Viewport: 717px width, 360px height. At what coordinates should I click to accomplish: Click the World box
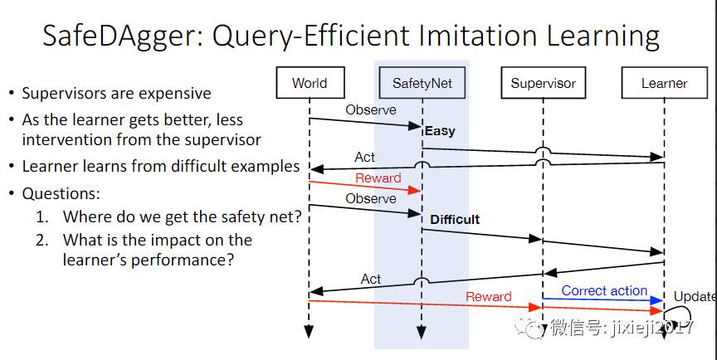tap(309, 83)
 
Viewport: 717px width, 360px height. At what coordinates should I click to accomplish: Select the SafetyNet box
tap(422, 83)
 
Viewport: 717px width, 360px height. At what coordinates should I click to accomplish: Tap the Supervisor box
tap(543, 83)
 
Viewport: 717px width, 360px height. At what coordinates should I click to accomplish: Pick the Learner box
tap(664, 83)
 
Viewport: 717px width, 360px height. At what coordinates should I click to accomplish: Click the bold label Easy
tap(440, 131)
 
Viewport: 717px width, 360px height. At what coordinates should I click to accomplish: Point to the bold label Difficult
tap(455, 220)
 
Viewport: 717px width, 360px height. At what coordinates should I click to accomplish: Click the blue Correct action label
tap(604, 291)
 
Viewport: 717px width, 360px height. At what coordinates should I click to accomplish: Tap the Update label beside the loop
tap(695, 296)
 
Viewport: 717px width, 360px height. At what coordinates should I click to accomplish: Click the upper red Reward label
tap(378, 178)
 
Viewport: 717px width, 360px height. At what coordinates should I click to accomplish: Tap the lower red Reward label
tap(488, 296)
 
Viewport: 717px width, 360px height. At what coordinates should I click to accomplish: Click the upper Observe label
tap(370, 109)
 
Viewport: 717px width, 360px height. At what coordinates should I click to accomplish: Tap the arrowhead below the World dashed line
tap(309, 332)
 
